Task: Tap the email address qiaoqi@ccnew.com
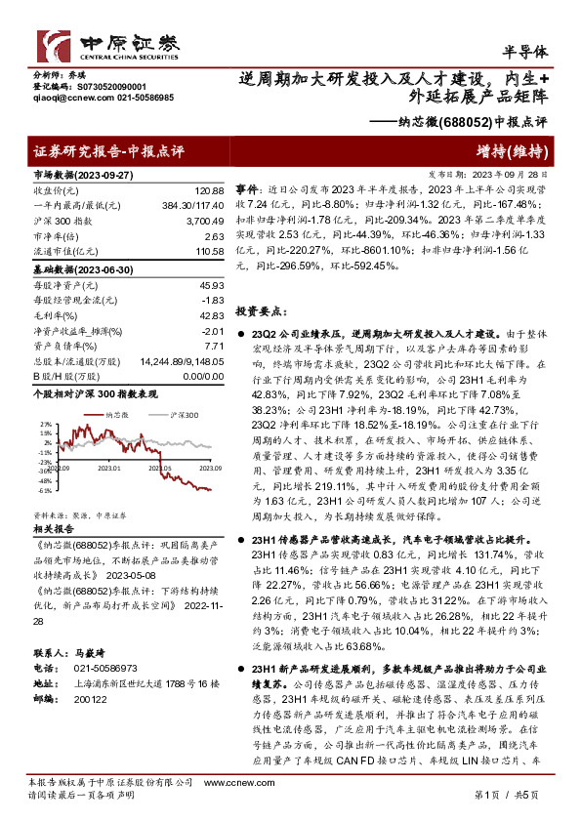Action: pos(61,99)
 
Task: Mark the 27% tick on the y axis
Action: pos(45,424)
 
